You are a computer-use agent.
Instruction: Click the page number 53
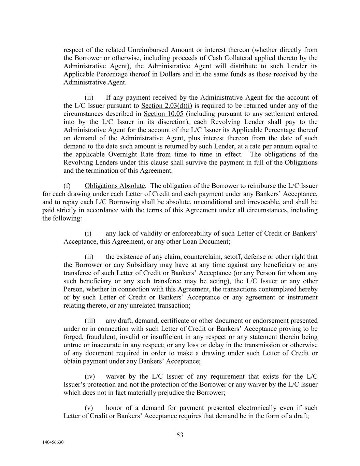click(180, 435)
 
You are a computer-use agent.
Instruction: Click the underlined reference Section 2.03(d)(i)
click(167, 105)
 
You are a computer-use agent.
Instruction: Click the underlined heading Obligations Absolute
click(115, 186)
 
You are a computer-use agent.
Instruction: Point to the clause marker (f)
click(67, 186)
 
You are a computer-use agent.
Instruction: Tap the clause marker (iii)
click(90, 321)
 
